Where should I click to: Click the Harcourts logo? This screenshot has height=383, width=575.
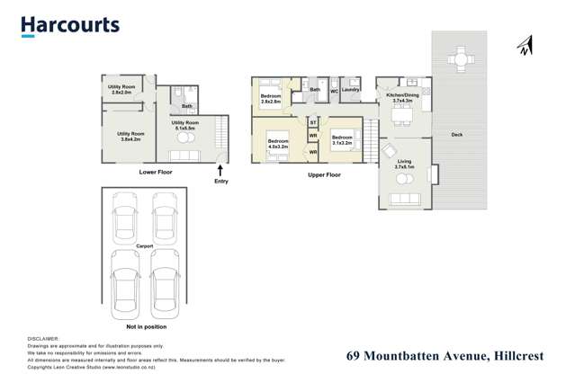(x=70, y=25)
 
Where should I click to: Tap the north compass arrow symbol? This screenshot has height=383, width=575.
(x=526, y=46)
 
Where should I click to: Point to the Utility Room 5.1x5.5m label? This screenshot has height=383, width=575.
(x=185, y=125)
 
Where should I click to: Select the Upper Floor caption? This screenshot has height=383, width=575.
(x=324, y=174)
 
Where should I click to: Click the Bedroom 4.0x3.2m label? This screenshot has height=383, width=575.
(x=278, y=143)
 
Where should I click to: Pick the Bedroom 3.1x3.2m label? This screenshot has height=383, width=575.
(x=342, y=139)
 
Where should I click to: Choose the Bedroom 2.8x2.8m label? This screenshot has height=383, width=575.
(x=271, y=99)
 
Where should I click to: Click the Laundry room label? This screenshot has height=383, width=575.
(x=351, y=90)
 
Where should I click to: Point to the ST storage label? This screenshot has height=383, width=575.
(x=313, y=121)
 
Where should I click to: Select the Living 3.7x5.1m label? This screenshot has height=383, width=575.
(x=404, y=165)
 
